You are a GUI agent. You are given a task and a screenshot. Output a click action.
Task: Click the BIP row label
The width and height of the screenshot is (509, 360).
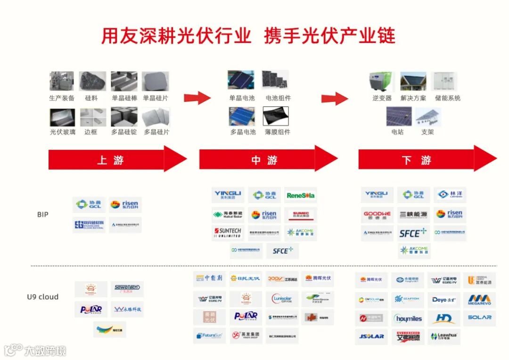pyautogui.click(x=42, y=214)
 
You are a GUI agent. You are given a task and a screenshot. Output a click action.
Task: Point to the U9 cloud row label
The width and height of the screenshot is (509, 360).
pyautogui.click(x=42, y=297)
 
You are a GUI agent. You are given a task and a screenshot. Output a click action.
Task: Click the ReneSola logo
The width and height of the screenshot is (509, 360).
pyautogui.click(x=301, y=195)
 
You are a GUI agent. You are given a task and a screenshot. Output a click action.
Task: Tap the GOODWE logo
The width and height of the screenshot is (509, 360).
pyautogui.click(x=377, y=214)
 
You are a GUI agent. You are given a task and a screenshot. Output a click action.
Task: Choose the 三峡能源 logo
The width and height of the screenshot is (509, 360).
pyautogui.click(x=413, y=214)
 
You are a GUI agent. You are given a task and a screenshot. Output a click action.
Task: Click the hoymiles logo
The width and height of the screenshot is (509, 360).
pyautogui.click(x=408, y=319)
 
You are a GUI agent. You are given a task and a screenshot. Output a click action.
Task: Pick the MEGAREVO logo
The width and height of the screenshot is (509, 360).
pyautogui.click(x=479, y=300)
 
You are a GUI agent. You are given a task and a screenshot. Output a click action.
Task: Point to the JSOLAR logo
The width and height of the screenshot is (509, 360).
pyautogui.click(x=371, y=336)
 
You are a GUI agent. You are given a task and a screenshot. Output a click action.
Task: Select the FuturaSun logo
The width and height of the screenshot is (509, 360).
pyautogui.click(x=209, y=336)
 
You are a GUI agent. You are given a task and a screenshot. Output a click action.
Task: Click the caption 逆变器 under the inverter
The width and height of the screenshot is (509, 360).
pyautogui.click(x=382, y=98)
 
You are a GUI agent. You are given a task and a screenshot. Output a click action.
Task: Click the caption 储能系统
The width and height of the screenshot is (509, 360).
pyautogui.click(x=447, y=98)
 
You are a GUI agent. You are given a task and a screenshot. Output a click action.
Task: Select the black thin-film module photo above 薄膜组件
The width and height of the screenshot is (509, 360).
pyautogui.click(x=275, y=116)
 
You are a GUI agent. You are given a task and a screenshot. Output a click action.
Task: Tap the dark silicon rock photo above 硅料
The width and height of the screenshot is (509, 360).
pyautogui.click(x=92, y=81)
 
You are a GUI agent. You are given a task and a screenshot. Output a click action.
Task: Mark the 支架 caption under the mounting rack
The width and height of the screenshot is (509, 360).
pyautogui.click(x=427, y=132)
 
